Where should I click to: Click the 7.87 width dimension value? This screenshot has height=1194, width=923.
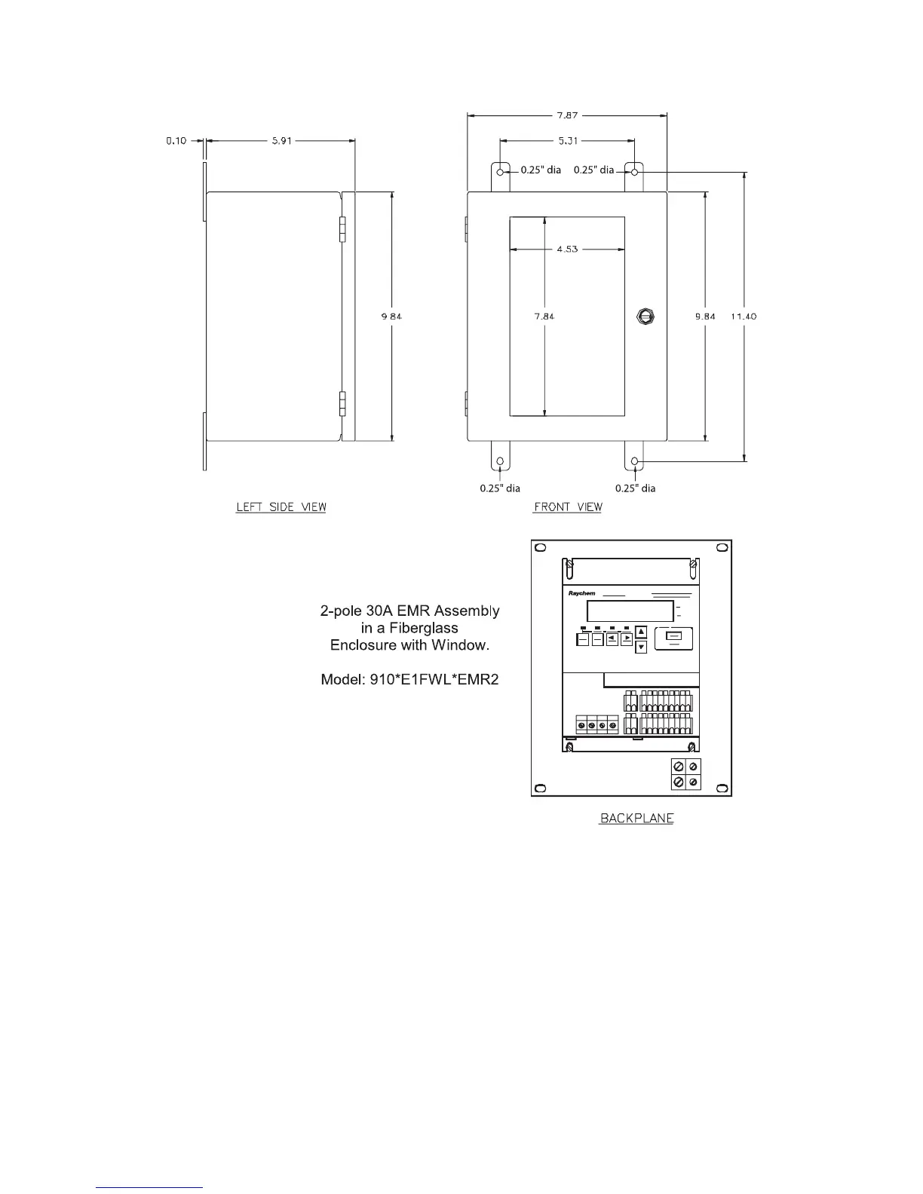point(567,116)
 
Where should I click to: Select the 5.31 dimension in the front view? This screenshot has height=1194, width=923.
point(567,141)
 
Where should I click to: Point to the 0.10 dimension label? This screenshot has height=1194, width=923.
point(177,141)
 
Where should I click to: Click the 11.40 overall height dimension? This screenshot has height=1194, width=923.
point(744,317)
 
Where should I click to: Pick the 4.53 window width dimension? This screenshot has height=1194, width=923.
point(567,249)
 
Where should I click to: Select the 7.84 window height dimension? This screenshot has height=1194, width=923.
point(544,317)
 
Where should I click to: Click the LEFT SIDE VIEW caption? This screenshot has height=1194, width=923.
point(281,507)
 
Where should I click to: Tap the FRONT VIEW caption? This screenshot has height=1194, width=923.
point(568,507)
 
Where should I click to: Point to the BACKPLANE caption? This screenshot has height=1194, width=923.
point(636,818)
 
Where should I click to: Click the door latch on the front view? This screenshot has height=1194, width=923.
point(645,316)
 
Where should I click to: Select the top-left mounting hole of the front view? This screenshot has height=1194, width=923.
point(499,173)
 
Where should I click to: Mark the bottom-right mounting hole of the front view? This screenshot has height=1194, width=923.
point(635,461)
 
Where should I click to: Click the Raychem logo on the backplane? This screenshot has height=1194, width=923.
point(581,593)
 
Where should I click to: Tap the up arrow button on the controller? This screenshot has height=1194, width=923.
point(641,632)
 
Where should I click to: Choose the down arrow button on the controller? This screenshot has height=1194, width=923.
point(641,647)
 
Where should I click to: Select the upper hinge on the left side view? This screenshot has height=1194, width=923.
point(342,229)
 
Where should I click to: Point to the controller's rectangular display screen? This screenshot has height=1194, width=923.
point(630,611)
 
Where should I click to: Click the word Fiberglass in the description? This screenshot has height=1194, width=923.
point(421,628)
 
